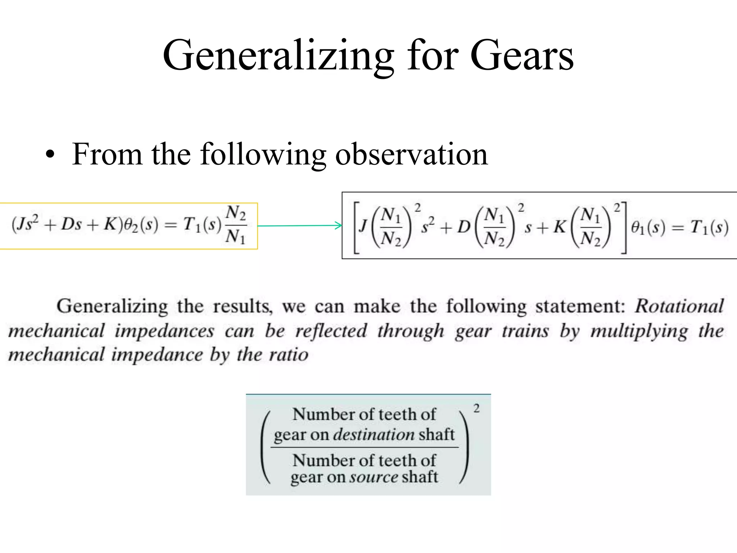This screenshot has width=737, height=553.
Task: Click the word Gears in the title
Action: coord(521,56)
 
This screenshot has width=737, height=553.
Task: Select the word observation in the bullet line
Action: coord(411,154)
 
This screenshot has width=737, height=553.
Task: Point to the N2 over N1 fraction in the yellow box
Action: coord(236,225)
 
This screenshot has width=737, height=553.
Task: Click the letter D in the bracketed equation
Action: coord(464,227)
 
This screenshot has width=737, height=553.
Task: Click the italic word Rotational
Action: coord(679,306)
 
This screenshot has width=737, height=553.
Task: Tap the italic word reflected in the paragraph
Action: coord(331,331)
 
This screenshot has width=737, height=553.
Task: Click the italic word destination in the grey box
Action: coord(374,434)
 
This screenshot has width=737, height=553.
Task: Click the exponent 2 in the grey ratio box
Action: coord(476,409)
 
